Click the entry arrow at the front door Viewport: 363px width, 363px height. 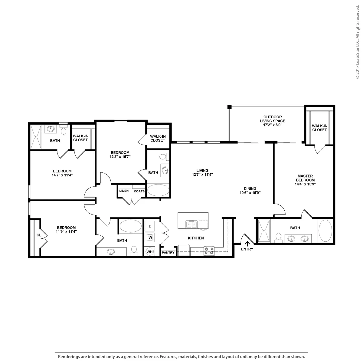(x=247, y=244)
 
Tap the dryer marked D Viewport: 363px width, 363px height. (x=150, y=226)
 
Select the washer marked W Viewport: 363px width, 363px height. (x=150, y=237)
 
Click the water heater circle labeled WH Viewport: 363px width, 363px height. (x=149, y=252)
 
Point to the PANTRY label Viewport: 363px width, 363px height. (x=168, y=253)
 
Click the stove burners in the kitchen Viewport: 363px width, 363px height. (x=209, y=250)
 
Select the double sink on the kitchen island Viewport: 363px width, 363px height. (x=191, y=224)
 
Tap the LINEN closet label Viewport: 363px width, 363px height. (x=124, y=191)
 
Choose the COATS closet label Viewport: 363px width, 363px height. (x=139, y=191)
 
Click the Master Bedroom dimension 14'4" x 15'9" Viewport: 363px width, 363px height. (x=305, y=184)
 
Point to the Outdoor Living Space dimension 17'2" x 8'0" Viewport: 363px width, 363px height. (x=273, y=125)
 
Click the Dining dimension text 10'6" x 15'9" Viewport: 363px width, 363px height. (x=250, y=192)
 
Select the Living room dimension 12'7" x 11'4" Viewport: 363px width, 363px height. (x=202, y=175)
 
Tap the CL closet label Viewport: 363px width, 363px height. (x=39, y=235)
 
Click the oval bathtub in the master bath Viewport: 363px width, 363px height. (x=325, y=231)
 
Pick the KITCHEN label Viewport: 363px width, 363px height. (x=196, y=238)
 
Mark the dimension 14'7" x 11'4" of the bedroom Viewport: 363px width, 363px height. (x=62, y=175)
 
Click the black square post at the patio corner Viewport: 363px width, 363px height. (x=229, y=107)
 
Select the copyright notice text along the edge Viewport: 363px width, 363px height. (x=357, y=42)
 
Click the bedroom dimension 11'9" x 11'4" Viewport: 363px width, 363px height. (x=66, y=231)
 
